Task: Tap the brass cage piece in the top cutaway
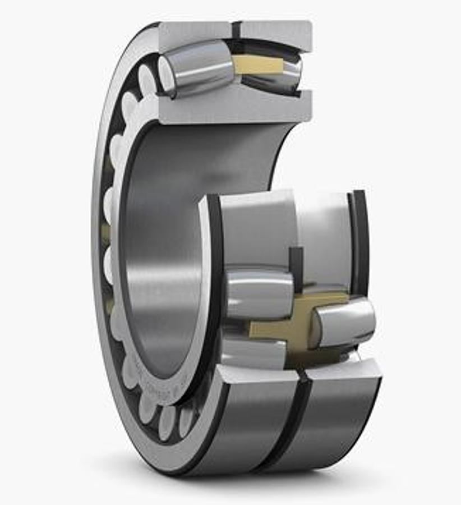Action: click(258, 65)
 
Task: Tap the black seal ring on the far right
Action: click(359, 241)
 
